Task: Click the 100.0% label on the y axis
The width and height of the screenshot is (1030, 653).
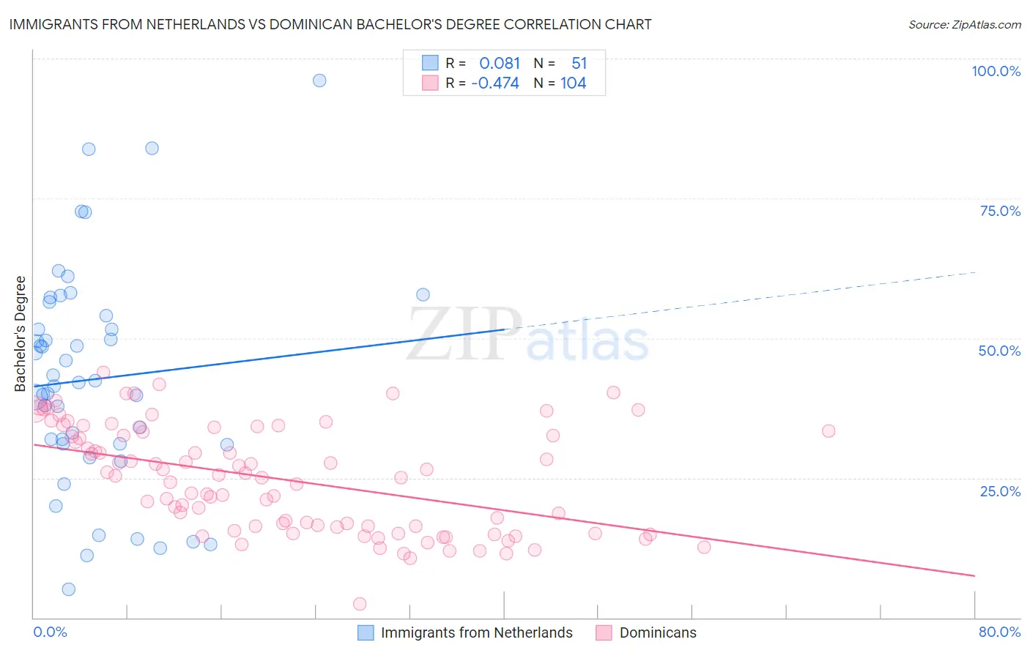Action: [996, 71]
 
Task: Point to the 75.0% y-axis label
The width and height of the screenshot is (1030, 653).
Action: [1000, 211]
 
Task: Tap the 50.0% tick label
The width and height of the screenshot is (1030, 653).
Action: [999, 351]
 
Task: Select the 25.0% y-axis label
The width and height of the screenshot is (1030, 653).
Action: [1000, 490]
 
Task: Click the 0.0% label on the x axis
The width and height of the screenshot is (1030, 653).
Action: [50, 632]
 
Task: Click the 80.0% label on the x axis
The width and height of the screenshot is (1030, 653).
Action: [999, 632]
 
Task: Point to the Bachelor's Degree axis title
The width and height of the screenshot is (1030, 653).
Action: [21, 334]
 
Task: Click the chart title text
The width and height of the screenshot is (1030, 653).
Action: [330, 24]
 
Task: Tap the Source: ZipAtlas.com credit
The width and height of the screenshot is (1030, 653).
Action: [964, 24]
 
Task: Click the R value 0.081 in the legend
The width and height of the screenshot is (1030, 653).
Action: [500, 63]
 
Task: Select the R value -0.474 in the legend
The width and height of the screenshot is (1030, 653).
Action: [495, 83]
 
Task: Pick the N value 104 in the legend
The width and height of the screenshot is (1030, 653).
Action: [573, 83]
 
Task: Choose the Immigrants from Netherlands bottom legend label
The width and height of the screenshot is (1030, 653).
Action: [476, 633]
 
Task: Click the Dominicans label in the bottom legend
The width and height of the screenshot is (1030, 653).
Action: [658, 633]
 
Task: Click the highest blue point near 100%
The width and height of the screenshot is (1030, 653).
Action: [319, 81]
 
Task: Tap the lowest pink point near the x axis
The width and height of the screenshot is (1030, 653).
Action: [360, 604]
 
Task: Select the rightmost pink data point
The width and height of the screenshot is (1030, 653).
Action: [829, 431]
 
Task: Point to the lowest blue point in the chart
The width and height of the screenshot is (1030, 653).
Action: [69, 589]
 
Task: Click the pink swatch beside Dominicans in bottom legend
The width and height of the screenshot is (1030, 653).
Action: [604, 633]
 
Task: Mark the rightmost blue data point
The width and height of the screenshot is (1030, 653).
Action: [423, 295]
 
